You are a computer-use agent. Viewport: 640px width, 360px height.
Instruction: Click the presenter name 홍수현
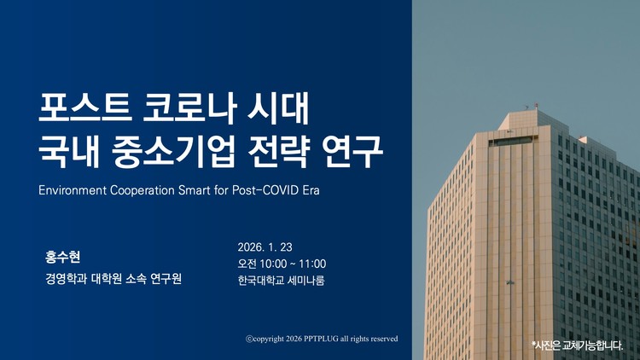point(62,256)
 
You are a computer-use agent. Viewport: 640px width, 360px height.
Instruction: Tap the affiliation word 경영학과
point(66,278)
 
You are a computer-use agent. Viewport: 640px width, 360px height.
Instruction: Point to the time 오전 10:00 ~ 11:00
point(282,264)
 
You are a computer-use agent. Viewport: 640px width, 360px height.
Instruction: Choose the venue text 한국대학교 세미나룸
point(281,280)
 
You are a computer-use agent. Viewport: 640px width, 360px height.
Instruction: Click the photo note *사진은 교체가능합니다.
point(578,345)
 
